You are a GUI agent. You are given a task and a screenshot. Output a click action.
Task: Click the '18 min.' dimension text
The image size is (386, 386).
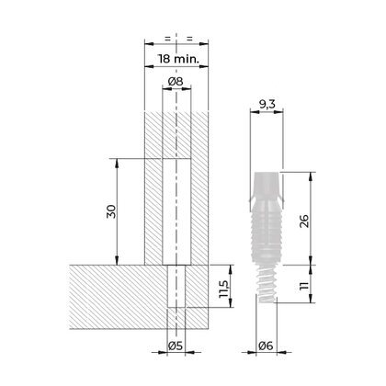pos(179,59)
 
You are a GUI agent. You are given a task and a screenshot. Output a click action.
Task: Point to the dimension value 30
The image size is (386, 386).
pos(109,210)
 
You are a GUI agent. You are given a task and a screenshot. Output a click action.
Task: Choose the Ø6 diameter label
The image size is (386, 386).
pos(267,346)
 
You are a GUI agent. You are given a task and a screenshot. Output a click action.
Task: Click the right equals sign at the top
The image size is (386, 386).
pos(187,39)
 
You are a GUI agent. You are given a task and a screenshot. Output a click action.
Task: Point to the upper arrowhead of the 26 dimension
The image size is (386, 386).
pos(310,175)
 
